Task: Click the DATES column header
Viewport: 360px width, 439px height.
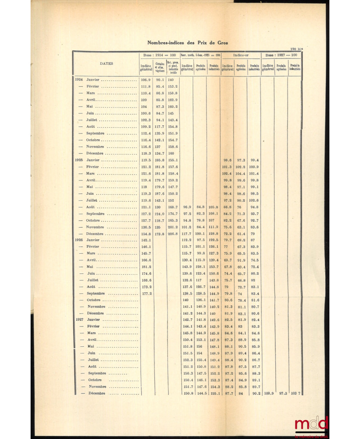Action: [106, 63]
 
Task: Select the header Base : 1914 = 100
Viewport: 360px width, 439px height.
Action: [159, 55]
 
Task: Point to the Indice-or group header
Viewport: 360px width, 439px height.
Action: [241, 55]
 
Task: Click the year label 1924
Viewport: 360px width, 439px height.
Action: [80, 80]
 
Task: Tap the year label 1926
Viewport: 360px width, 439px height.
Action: [80, 240]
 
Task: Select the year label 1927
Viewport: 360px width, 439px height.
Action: [80, 320]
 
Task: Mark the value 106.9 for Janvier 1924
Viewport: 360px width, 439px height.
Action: [146, 80]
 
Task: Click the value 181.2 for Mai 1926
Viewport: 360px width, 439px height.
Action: [146, 266]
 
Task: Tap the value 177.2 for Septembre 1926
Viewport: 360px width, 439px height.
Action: [146, 293]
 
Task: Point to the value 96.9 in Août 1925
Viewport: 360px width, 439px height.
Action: [187, 206]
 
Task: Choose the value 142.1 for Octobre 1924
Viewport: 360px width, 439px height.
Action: [160, 140]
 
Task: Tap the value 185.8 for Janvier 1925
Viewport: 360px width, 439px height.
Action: [160, 160]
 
